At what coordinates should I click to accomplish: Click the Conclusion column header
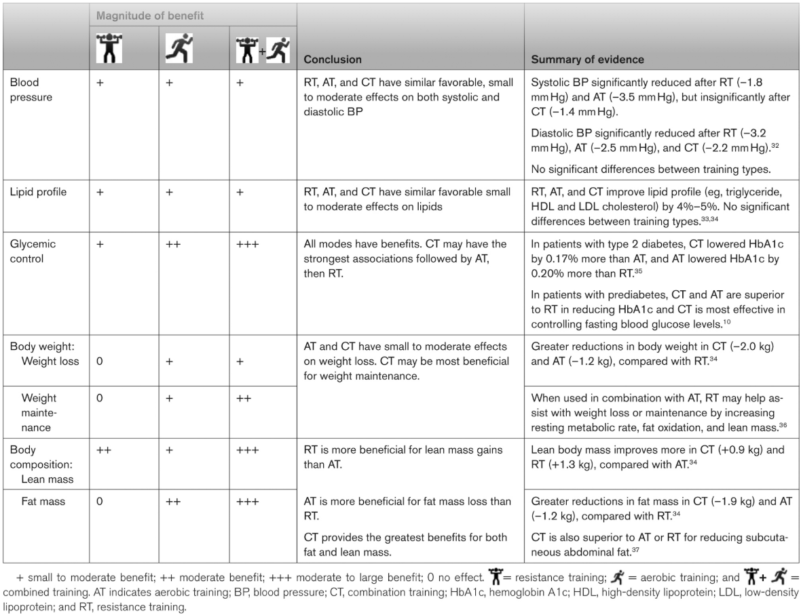pos(332,59)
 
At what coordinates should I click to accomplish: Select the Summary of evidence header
pos(587,59)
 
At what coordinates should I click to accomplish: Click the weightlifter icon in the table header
pos(106,47)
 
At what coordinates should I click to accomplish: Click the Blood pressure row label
pos(24,88)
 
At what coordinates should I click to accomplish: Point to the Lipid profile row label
pos(38,192)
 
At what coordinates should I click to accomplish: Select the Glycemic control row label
pos(33,250)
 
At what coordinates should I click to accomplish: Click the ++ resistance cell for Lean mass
pos(103,450)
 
